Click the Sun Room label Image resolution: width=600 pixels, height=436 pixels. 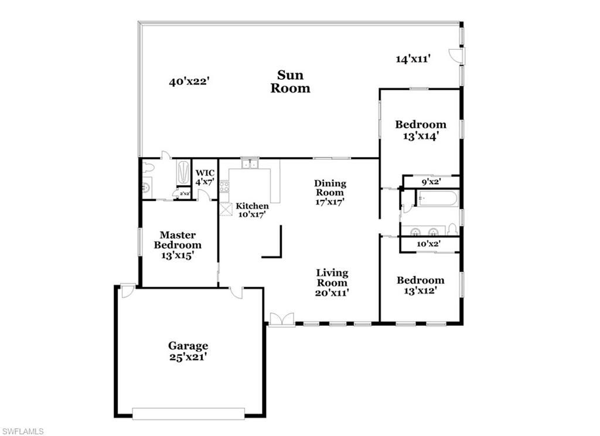click(x=294, y=82)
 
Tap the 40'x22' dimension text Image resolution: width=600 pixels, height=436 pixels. click(x=189, y=82)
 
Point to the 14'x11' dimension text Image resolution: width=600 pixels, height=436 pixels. click(x=413, y=59)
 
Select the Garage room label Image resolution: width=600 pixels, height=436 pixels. click(x=188, y=351)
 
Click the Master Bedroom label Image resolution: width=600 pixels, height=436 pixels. click(x=178, y=245)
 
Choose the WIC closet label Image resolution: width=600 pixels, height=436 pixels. click(x=205, y=177)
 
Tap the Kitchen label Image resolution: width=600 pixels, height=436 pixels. click(x=252, y=210)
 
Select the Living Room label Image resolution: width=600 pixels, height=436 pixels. click(x=332, y=282)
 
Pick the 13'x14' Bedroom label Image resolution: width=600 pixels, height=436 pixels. click(x=420, y=130)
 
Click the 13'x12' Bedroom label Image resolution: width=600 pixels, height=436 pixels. click(x=420, y=285)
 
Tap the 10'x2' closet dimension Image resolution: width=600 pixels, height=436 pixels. click(x=428, y=244)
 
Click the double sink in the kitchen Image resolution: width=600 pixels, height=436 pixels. click(x=250, y=163)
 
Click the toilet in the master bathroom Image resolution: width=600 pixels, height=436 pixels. click(x=147, y=168)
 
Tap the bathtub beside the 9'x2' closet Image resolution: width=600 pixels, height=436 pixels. click(x=437, y=199)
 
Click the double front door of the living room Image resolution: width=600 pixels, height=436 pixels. click(x=282, y=319)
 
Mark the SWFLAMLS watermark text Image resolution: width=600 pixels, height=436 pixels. click(x=23, y=431)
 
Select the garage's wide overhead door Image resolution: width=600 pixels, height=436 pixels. click(x=188, y=414)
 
